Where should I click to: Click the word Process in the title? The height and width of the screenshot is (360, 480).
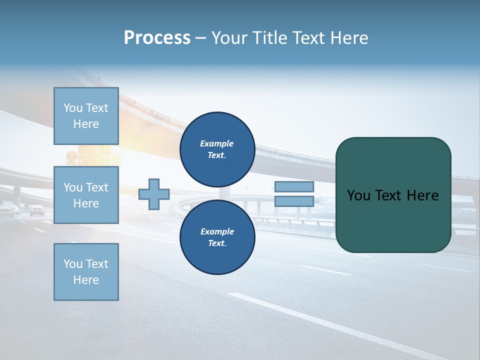(157, 38)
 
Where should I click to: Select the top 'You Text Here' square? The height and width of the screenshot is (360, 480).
(86, 116)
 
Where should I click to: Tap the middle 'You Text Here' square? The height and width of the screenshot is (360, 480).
(86, 195)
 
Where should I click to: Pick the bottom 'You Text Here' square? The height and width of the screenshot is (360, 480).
(86, 272)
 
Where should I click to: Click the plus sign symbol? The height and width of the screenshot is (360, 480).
(154, 194)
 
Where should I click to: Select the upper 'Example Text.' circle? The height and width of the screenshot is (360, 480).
(217, 149)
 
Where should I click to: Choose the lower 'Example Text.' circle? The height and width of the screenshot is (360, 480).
(217, 237)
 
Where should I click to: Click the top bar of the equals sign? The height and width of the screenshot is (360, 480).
(294, 186)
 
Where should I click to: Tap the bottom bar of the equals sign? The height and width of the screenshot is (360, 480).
(294, 201)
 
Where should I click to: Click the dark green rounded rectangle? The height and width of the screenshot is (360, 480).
(393, 220)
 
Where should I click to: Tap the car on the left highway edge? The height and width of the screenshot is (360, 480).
(37, 210)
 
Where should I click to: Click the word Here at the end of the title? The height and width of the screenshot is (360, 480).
(348, 38)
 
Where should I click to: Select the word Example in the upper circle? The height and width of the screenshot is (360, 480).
(217, 143)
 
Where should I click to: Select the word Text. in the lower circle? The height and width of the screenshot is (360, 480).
(217, 243)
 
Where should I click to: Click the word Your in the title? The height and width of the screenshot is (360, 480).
(230, 38)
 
